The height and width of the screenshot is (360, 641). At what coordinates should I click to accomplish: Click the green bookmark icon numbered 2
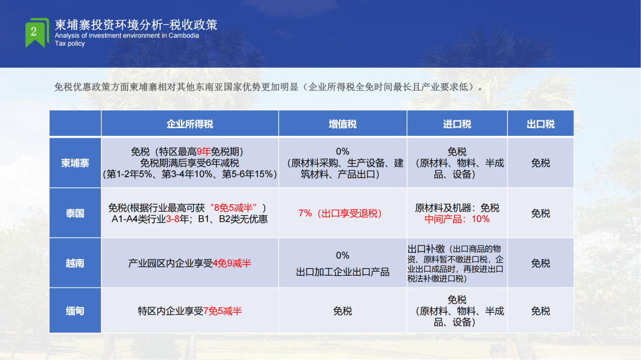(x=37, y=33)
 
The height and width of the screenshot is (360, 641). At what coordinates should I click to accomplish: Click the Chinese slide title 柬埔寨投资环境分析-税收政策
(x=136, y=25)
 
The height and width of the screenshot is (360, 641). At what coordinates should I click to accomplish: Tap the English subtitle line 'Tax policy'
(x=70, y=43)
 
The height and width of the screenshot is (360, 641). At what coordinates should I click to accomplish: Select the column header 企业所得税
(x=190, y=124)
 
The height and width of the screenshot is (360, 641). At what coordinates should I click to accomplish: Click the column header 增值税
(x=342, y=124)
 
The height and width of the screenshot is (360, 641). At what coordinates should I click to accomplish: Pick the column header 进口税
(x=457, y=124)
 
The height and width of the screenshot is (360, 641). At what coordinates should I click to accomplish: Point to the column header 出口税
(x=541, y=124)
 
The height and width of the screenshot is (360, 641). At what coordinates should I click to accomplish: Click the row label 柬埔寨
(x=75, y=163)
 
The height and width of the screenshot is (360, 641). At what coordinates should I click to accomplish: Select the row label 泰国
(x=75, y=214)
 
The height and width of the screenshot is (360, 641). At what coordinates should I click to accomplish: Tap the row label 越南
(x=75, y=263)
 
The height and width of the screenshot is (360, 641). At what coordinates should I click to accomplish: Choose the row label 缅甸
(x=75, y=311)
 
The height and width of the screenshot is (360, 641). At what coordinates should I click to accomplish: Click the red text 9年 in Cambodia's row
(x=204, y=152)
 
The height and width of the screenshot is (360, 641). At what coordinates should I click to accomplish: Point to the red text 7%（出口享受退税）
(x=340, y=214)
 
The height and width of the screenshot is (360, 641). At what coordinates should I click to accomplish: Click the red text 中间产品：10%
(x=457, y=219)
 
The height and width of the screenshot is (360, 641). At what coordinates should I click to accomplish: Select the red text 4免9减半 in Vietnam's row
(x=232, y=263)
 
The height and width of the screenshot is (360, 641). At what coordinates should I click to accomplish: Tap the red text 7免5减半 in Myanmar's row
(x=223, y=311)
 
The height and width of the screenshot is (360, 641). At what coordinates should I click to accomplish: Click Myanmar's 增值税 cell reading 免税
(x=342, y=311)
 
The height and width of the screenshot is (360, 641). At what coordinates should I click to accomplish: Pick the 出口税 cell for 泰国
(x=541, y=214)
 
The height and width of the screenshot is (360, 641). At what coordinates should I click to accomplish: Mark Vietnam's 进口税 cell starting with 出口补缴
(x=456, y=263)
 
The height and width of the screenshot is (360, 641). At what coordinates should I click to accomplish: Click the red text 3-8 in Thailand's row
(x=173, y=219)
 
